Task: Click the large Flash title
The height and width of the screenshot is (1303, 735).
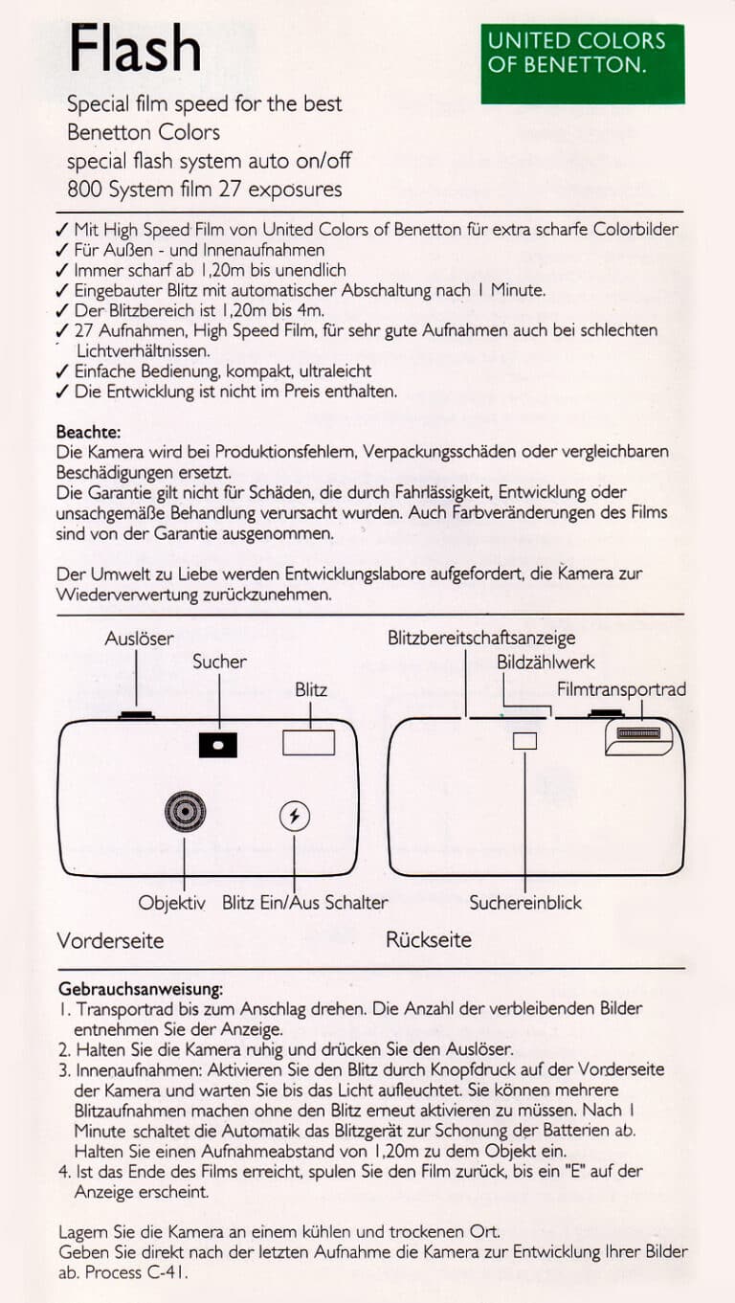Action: (x=135, y=49)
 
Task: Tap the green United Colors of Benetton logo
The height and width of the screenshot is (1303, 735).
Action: (x=582, y=63)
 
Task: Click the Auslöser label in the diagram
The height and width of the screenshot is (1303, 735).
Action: (x=139, y=639)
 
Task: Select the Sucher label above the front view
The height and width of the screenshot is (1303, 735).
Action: (x=219, y=662)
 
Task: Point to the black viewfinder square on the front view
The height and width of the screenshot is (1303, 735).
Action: (x=218, y=744)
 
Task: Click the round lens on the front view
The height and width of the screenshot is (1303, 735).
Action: (x=184, y=813)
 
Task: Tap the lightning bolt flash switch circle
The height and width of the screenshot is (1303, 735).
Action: (x=294, y=816)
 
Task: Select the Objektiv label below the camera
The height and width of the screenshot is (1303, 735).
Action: (x=171, y=903)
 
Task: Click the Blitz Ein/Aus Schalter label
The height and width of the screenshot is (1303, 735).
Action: (x=305, y=903)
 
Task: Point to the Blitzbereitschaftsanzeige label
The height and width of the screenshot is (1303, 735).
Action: (x=481, y=639)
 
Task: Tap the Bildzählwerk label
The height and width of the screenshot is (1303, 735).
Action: (x=546, y=663)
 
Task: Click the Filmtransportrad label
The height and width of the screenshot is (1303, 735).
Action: (x=621, y=689)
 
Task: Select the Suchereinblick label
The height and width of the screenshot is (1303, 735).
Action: (x=525, y=903)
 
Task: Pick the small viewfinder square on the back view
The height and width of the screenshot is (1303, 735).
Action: (x=524, y=741)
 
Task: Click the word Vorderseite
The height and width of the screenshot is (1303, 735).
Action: (x=110, y=940)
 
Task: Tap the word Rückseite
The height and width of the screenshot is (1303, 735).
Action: (x=429, y=940)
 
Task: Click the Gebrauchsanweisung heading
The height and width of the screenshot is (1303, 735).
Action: (x=141, y=988)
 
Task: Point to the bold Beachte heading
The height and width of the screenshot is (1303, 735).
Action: (x=88, y=432)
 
